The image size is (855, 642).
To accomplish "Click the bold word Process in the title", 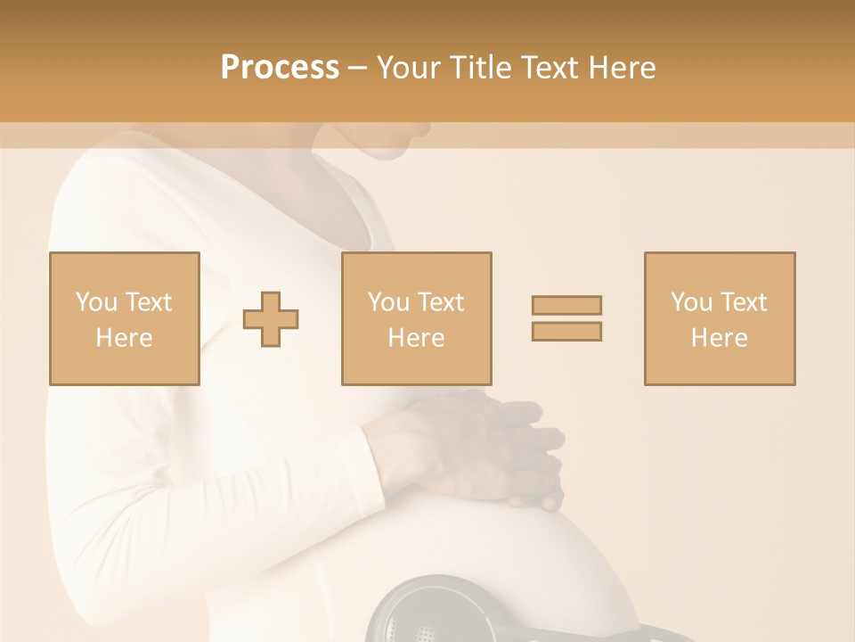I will coord(280,68).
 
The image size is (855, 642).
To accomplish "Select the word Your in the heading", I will coord(408,68).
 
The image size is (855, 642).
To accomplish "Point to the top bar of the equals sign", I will coord(566,305).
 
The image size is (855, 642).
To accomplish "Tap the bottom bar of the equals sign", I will coord(566,331).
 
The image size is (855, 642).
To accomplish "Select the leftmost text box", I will coord(124,318).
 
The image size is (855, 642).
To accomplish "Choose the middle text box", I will coord(416,318).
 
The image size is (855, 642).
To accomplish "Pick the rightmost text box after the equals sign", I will coord(719,318).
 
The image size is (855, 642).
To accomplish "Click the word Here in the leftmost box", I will coord(124,338).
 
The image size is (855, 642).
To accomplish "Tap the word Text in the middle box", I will coord(441,302).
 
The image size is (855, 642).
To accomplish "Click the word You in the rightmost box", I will coord(691,302).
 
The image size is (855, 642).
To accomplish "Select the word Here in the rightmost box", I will coord(719,338).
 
